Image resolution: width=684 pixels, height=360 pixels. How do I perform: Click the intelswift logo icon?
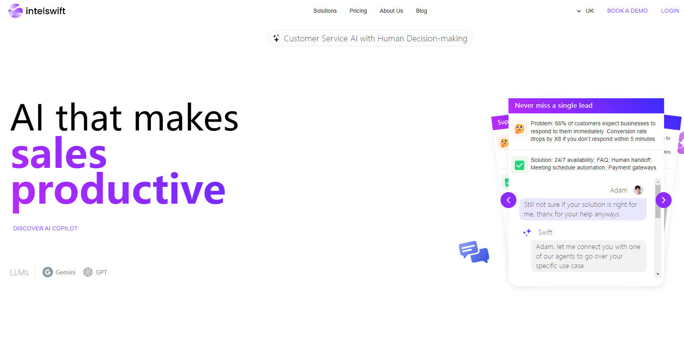(x=16, y=11)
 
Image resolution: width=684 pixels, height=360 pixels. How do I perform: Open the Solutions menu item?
(x=325, y=11)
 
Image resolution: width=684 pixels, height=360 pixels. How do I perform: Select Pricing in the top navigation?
(x=358, y=11)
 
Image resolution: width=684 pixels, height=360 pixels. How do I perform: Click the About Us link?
(x=391, y=11)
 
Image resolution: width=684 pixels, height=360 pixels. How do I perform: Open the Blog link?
(x=421, y=11)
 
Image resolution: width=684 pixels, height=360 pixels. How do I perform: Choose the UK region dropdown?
(x=585, y=11)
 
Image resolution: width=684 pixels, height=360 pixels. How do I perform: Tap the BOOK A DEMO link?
(x=627, y=11)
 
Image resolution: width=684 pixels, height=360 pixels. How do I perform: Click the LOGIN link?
(x=670, y=11)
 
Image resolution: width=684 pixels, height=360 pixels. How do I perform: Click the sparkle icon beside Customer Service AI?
(x=276, y=38)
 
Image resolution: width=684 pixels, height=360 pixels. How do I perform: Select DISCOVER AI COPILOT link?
(x=45, y=228)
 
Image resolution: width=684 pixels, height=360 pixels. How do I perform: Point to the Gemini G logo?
(x=48, y=272)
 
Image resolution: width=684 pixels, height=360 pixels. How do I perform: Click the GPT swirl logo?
(x=88, y=272)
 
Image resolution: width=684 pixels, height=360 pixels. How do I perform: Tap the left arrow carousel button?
(x=509, y=200)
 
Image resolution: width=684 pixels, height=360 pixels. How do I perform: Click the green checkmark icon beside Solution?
(x=519, y=165)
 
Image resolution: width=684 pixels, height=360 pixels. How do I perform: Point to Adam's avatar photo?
(x=638, y=190)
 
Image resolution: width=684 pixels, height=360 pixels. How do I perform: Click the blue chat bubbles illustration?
(x=474, y=252)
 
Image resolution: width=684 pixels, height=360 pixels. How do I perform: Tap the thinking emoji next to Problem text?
(x=519, y=128)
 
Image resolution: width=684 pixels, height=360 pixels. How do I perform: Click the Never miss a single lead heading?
(x=553, y=105)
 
